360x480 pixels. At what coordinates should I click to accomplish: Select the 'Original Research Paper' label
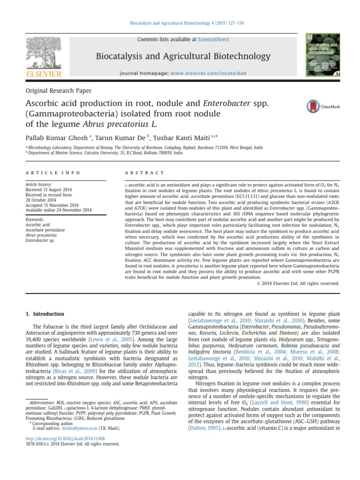(58, 91)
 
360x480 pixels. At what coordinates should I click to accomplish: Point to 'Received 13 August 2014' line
(52, 190)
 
